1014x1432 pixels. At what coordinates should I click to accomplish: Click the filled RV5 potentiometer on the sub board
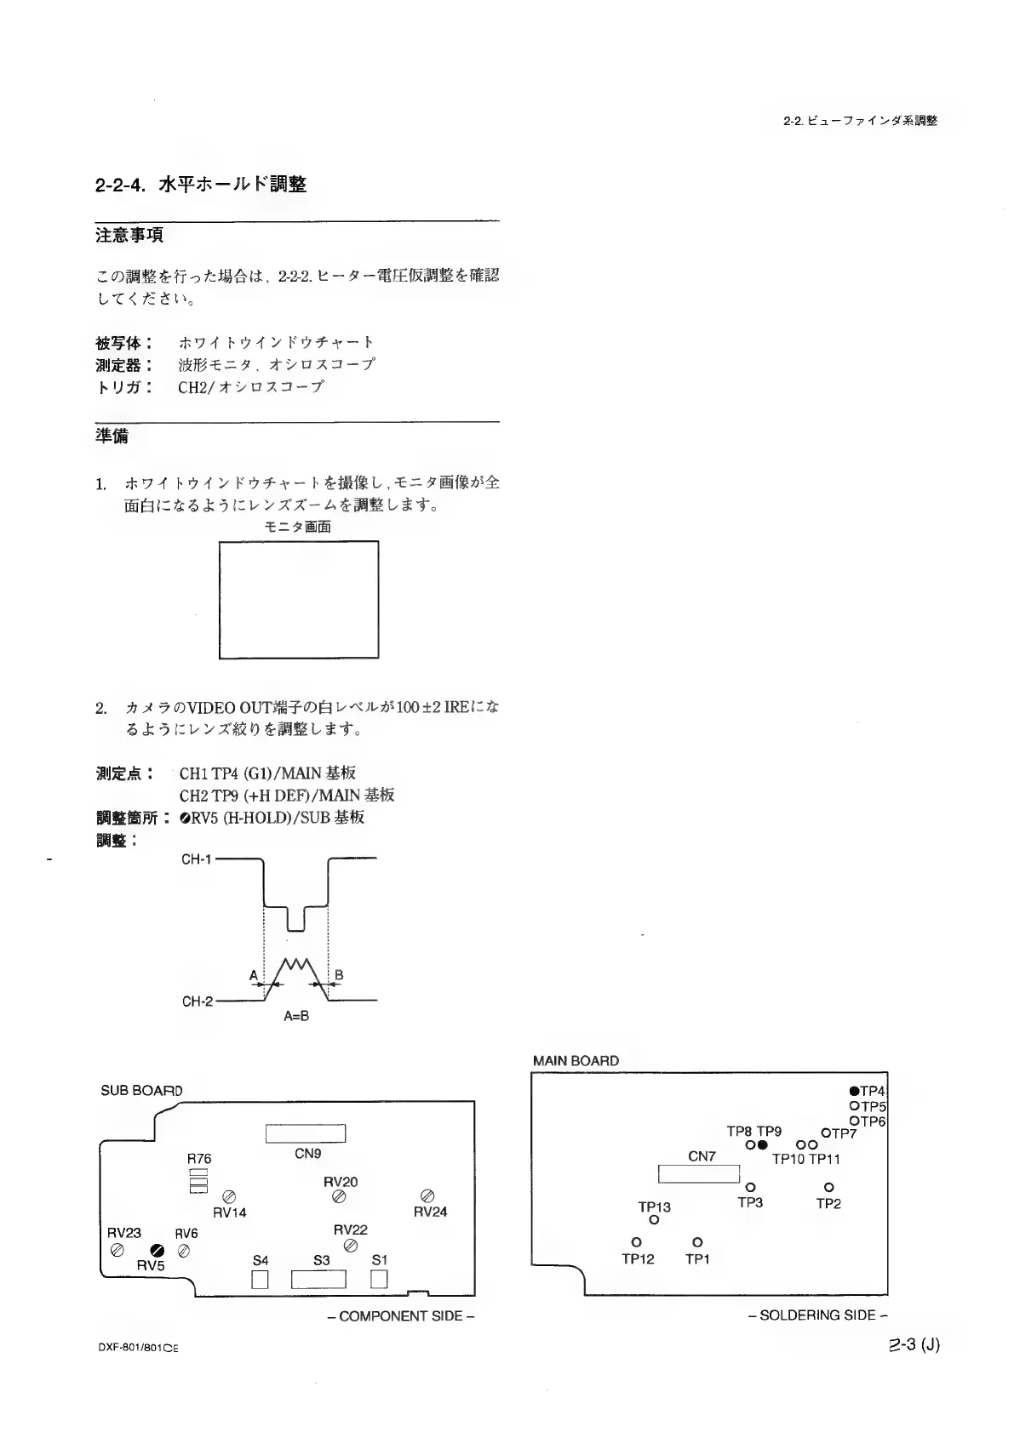[x=157, y=1250]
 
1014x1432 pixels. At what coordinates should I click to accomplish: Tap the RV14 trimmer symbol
[x=229, y=1196]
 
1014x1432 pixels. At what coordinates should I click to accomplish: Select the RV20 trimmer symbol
[x=339, y=1196]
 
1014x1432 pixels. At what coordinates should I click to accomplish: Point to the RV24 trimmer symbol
[x=428, y=1196]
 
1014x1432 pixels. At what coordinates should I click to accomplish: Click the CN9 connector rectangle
[x=306, y=1134]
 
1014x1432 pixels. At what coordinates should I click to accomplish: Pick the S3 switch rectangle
[x=319, y=1279]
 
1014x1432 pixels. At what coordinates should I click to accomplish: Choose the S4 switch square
[x=261, y=1279]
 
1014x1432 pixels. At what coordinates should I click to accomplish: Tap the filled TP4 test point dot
[x=853, y=1091]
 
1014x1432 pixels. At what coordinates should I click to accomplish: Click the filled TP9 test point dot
[x=764, y=1145]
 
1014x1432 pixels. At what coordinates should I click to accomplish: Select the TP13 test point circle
[x=654, y=1220]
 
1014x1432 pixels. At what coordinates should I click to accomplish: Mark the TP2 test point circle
[x=828, y=1187]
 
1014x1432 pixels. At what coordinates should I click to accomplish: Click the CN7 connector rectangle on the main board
[x=699, y=1174]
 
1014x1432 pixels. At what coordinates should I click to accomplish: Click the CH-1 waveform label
[x=196, y=859]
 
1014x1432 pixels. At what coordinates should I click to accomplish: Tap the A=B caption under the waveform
[x=295, y=1016]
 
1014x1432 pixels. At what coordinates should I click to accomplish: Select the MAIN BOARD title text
[x=576, y=1061]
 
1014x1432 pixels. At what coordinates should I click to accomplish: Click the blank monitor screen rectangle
[x=298, y=599]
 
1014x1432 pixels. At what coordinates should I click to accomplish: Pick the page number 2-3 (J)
[x=913, y=1345]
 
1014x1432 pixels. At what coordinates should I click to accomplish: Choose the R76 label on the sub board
[x=199, y=1159]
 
